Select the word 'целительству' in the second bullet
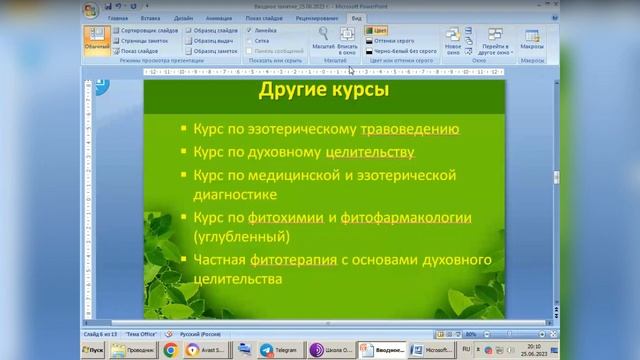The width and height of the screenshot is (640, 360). [x=369, y=152]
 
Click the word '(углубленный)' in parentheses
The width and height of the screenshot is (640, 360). [x=241, y=237]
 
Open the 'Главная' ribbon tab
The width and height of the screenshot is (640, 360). [x=118, y=18]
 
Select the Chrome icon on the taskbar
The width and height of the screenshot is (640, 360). [x=170, y=351]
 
